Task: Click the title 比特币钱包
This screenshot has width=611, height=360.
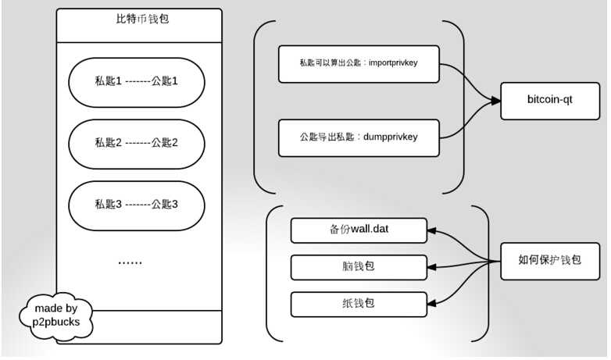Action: pyautogui.click(x=138, y=19)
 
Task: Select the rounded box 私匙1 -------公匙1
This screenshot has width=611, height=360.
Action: pyautogui.click(x=138, y=80)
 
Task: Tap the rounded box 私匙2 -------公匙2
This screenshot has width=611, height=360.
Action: pyautogui.click(x=138, y=142)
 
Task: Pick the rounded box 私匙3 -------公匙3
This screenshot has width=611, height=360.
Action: pyautogui.click(x=138, y=205)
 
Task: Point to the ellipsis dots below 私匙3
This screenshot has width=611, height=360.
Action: pyautogui.click(x=130, y=263)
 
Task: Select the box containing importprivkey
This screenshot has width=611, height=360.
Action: pyautogui.click(x=359, y=63)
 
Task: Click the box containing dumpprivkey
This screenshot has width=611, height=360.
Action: pyautogui.click(x=359, y=137)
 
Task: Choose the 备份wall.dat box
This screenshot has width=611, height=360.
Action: pyautogui.click(x=359, y=230)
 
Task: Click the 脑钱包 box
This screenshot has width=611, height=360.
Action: pyautogui.click(x=359, y=266)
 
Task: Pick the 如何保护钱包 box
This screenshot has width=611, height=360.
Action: pyautogui.click(x=550, y=258)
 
